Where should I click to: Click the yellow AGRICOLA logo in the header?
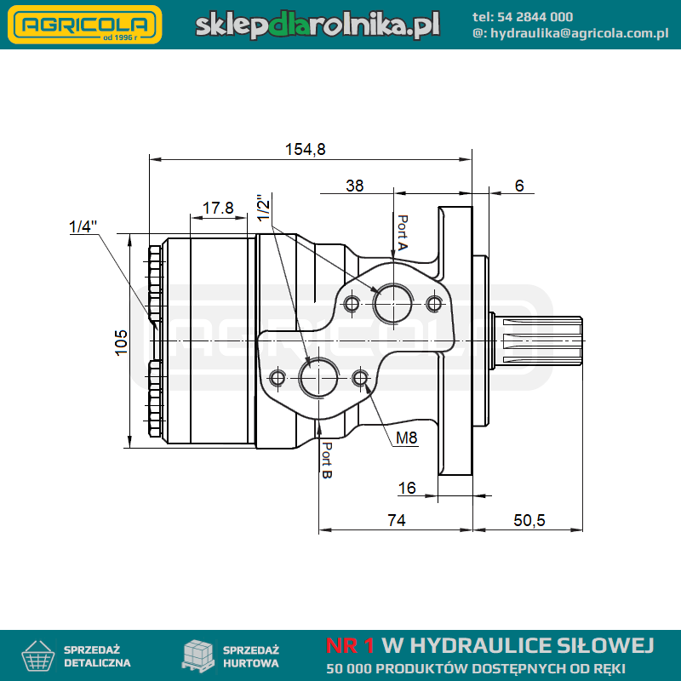click(x=84, y=25)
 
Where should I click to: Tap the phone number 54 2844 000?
click(x=535, y=17)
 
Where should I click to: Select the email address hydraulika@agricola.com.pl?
click(x=580, y=33)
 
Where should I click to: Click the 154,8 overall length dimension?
click(x=306, y=150)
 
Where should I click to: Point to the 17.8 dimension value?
click(x=218, y=208)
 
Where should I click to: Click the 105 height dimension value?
click(x=121, y=342)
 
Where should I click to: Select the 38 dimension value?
click(x=354, y=186)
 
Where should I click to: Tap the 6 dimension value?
click(x=519, y=186)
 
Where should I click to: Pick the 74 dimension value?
click(x=397, y=520)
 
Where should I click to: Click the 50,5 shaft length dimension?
click(x=529, y=520)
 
